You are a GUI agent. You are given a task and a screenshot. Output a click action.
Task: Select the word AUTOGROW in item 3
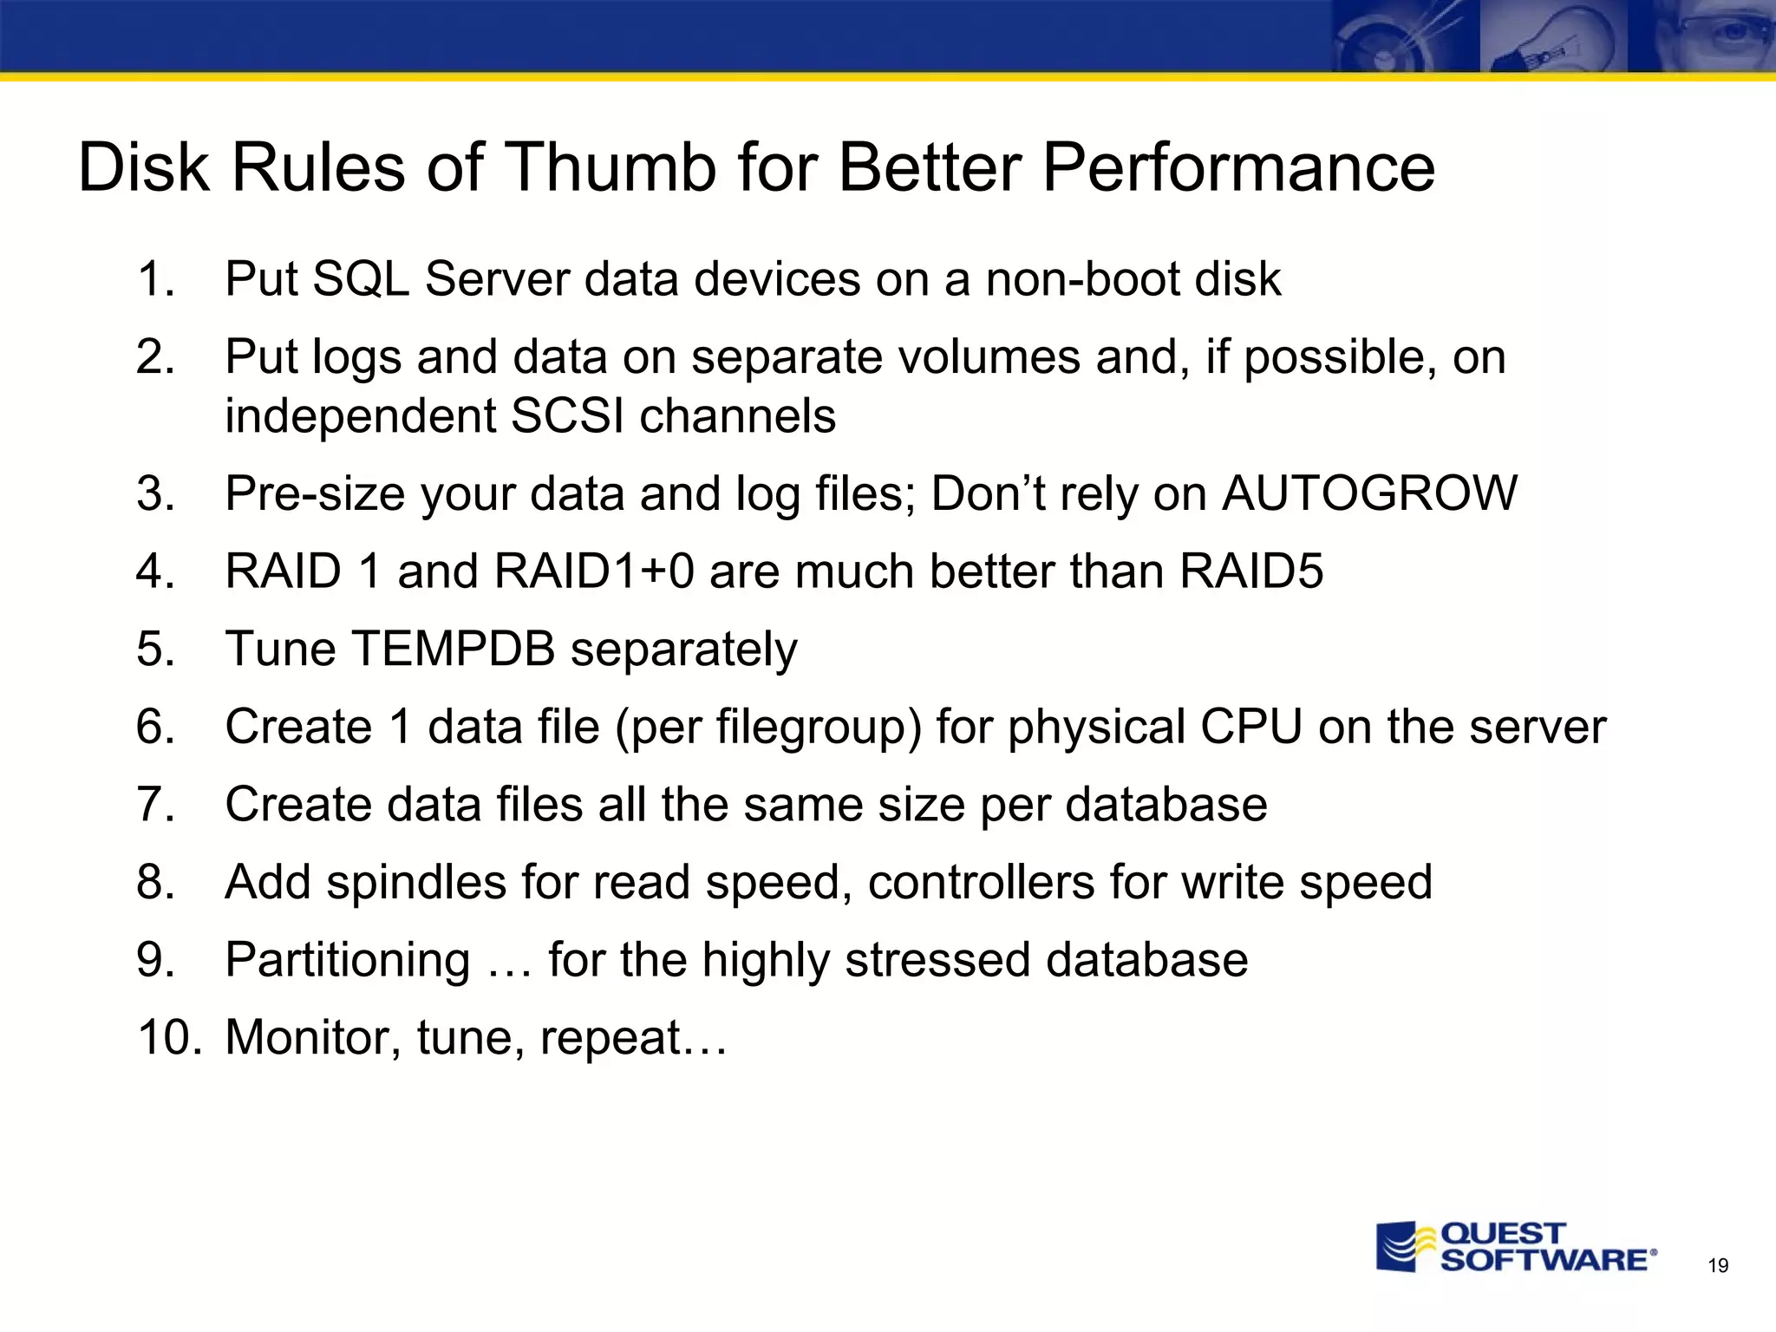point(1369,493)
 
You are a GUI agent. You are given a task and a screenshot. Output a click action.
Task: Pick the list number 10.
point(169,1037)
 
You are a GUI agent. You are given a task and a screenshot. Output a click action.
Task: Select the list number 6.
point(156,727)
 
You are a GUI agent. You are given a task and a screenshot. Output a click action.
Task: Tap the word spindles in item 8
point(415,883)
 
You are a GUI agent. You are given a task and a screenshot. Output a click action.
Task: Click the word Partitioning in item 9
point(348,960)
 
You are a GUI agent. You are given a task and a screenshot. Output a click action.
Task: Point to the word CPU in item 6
point(1250,727)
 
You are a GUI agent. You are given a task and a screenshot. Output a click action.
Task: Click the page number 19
point(1717,1266)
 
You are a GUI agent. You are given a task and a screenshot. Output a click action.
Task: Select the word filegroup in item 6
point(810,727)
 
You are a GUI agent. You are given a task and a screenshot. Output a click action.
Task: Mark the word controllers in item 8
point(981,883)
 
